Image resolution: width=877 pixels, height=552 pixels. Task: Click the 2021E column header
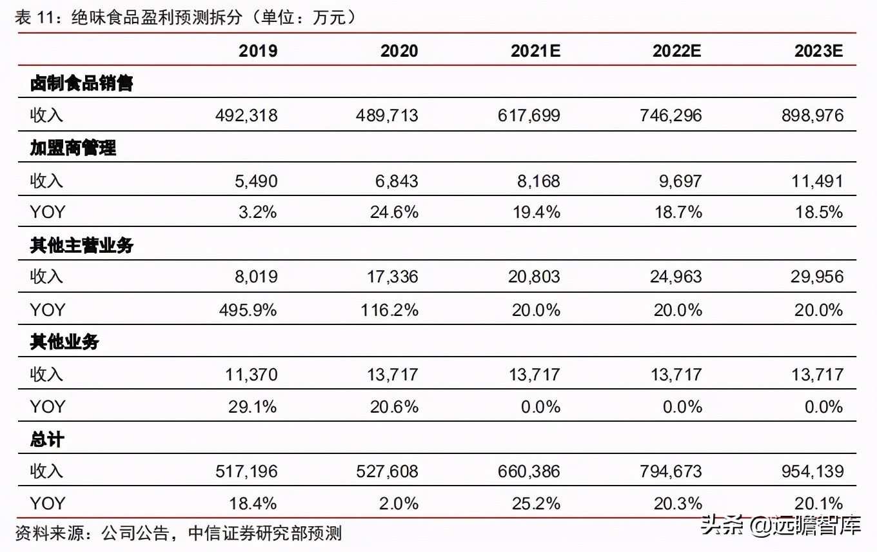tap(535, 51)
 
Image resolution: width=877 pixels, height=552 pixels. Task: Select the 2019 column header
tap(258, 51)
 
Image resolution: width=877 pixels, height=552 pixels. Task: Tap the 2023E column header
tap(818, 51)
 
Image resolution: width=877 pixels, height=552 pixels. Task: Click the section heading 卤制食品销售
tap(81, 83)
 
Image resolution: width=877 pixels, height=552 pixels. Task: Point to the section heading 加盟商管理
tap(73, 148)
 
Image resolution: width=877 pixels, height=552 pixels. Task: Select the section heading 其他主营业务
tap(81, 245)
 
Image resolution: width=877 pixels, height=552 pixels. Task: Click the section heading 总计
tap(47, 439)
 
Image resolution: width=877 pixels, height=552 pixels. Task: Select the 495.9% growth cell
tap(248, 310)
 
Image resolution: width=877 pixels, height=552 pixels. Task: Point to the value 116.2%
tap(389, 310)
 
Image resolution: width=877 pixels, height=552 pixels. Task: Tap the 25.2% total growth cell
tap(536, 504)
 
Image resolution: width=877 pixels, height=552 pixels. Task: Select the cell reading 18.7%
tap(678, 213)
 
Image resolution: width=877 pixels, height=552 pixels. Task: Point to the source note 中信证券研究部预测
tap(264, 533)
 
